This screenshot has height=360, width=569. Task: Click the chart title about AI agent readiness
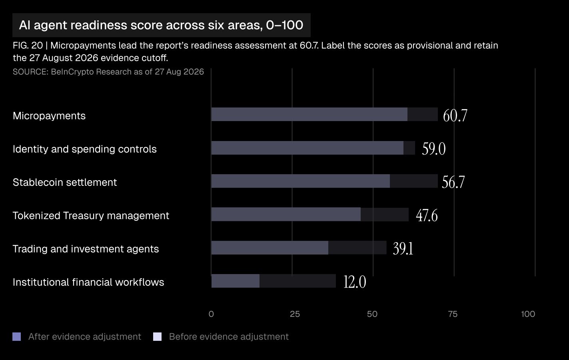[x=161, y=25]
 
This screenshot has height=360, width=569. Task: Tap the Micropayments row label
[x=49, y=116]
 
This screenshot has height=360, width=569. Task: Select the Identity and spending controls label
[x=85, y=149]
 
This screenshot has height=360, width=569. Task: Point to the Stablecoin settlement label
[x=65, y=182]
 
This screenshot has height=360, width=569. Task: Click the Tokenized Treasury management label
[x=91, y=216]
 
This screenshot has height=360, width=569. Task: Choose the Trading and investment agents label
[x=86, y=249]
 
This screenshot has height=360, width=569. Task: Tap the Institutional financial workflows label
[x=88, y=282]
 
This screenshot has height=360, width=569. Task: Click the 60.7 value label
[x=455, y=115]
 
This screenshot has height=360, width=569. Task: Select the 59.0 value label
[x=433, y=149]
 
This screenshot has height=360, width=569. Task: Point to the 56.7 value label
[x=453, y=182]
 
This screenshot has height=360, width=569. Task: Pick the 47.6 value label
[x=427, y=215]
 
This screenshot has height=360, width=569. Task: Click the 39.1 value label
[x=403, y=249]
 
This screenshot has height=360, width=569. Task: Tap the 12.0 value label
[x=355, y=282]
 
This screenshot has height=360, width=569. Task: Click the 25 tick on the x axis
[x=295, y=314]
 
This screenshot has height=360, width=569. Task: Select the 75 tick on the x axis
[x=453, y=314]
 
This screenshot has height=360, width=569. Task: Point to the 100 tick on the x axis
[x=528, y=314]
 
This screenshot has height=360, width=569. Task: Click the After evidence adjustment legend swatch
[x=16, y=337]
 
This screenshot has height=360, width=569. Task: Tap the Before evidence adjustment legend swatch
[x=157, y=337]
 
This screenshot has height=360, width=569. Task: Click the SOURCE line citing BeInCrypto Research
[x=108, y=72]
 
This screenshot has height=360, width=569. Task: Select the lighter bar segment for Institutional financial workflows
[x=236, y=281]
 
